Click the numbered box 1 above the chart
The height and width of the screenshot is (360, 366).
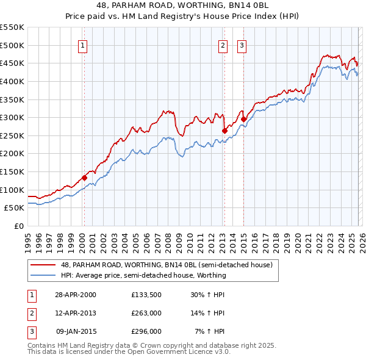pyautogui.click(x=82, y=45)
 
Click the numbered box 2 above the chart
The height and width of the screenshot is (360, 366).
pyautogui.click(x=223, y=45)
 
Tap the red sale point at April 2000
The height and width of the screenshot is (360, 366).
pyautogui.click(x=84, y=178)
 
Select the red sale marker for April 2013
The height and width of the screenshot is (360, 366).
pyautogui.click(x=224, y=131)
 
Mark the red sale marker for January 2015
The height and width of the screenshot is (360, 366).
pyautogui.click(x=243, y=119)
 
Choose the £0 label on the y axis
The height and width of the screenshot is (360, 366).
pyautogui.click(x=18, y=226)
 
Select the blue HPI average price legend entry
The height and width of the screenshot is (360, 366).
pyautogui.click(x=143, y=275)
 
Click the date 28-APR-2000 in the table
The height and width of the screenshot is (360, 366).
pyautogui.click(x=76, y=294)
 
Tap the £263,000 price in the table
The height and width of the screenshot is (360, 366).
pyautogui.click(x=146, y=313)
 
